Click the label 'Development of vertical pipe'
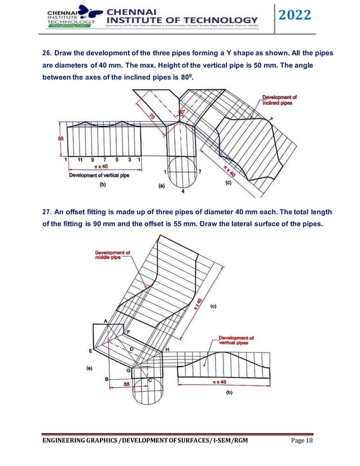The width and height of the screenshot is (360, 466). [99, 175]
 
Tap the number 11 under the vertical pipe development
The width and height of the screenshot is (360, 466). [81, 160]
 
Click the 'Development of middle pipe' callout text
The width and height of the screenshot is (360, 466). [112, 255]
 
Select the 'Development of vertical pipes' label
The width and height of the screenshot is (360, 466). [236, 341]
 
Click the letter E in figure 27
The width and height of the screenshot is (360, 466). [90, 351]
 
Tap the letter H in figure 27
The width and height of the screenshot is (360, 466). [167, 350]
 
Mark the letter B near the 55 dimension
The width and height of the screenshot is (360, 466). [107, 379]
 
